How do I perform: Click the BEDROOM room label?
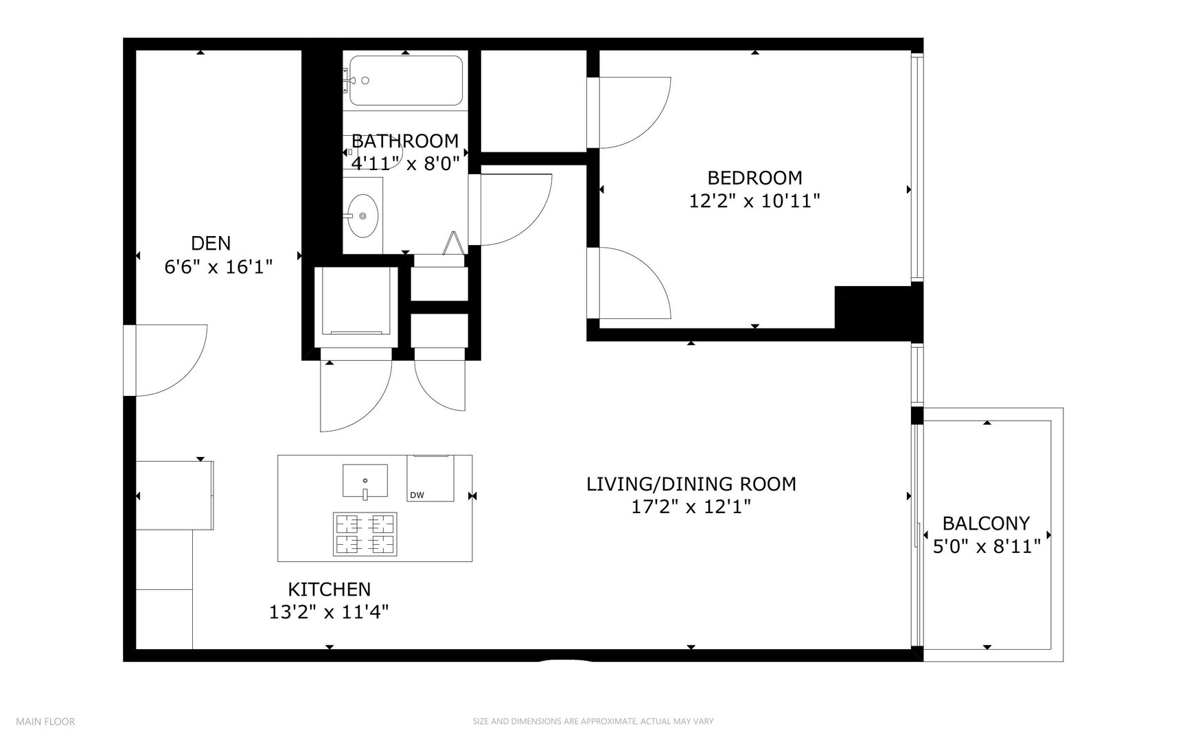[x=754, y=178]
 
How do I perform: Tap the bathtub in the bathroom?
[x=406, y=80]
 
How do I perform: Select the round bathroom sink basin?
[x=362, y=215]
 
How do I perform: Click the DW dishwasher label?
[x=416, y=495]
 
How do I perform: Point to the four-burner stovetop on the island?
[x=365, y=534]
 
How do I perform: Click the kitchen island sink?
[x=365, y=480]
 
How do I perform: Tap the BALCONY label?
[x=986, y=524]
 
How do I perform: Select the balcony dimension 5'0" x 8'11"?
[x=987, y=547]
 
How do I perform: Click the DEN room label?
[x=211, y=243]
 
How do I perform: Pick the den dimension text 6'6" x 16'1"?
[x=219, y=266]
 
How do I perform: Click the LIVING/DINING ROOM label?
[x=691, y=484]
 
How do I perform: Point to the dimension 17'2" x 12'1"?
[x=691, y=507]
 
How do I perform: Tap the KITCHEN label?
[x=330, y=589]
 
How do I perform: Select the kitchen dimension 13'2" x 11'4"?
[x=330, y=612]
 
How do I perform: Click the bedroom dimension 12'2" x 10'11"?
[x=755, y=201]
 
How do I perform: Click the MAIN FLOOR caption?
[x=45, y=722]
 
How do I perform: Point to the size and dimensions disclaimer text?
[x=593, y=722]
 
